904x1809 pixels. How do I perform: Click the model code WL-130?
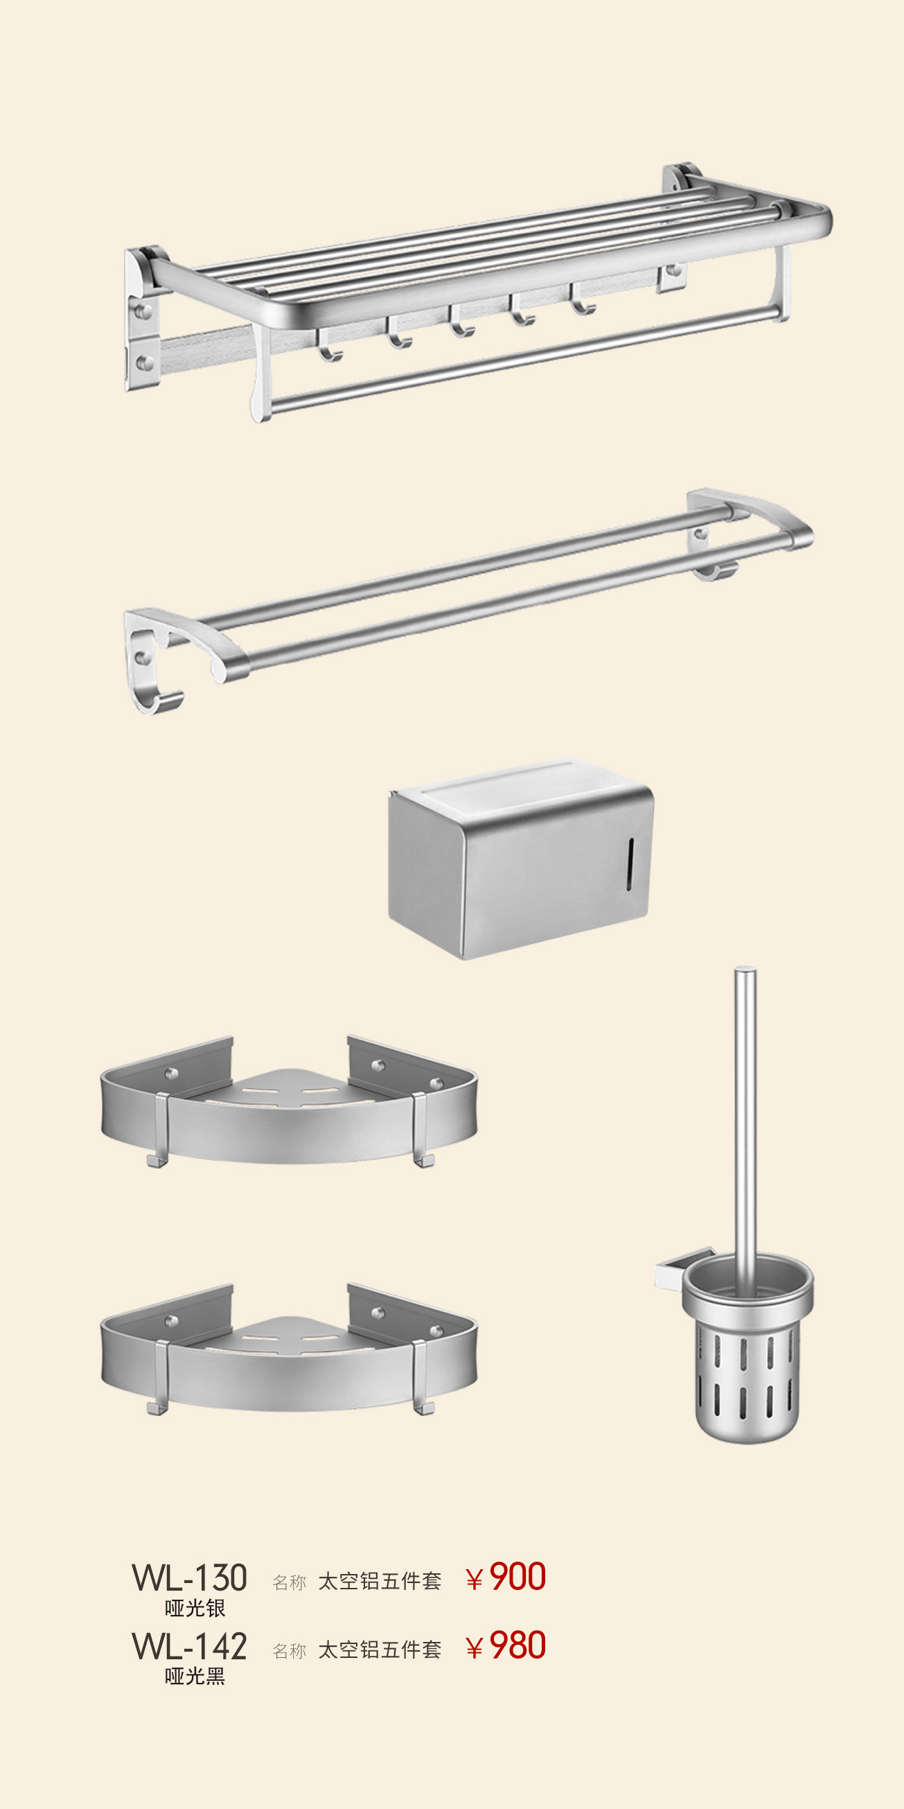click(190, 1578)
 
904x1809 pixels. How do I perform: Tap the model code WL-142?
click(190, 1647)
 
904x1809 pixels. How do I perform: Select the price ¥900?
click(506, 1578)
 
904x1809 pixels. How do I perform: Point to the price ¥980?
click(506, 1646)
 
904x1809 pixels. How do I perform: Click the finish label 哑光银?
click(195, 1608)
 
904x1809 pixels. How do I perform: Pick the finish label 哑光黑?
click(195, 1677)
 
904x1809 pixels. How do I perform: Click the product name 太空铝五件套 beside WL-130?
click(380, 1581)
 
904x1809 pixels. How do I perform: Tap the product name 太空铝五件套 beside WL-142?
click(380, 1650)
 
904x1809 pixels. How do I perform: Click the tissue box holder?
click(520, 858)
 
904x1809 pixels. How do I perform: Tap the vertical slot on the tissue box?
click(630, 864)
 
